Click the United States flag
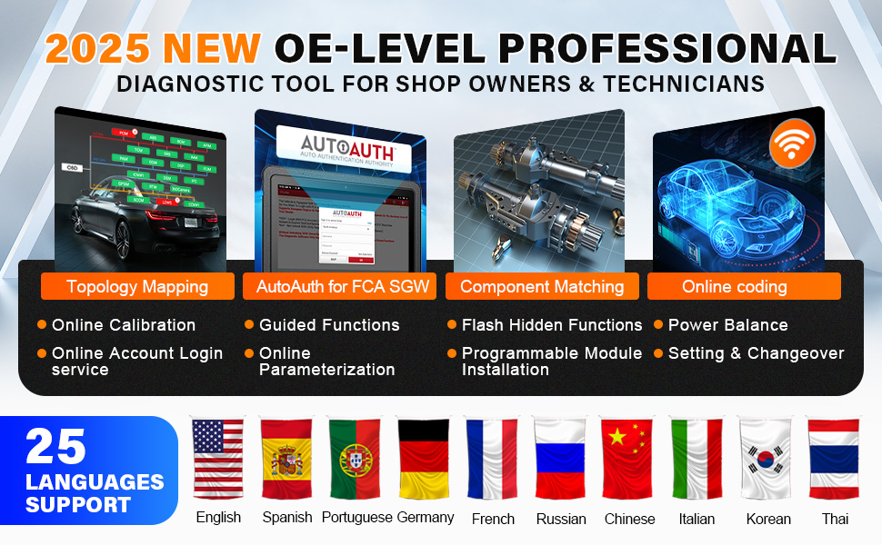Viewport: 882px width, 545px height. tap(218, 459)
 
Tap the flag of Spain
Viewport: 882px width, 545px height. tap(286, 459)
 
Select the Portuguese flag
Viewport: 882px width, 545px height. tap(355, 459)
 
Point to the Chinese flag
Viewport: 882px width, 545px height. tap(628, 459)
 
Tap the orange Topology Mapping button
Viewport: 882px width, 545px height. tap(137, 286)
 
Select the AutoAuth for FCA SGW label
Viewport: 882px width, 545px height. tap(340, 286)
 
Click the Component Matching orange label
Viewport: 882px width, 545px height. tap(542, 286)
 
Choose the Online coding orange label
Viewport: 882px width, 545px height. tap(735, 286)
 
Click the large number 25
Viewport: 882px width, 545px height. tap(56, 447)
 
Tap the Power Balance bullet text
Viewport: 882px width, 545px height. tap(727, 324)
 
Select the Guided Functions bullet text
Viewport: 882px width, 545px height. tap(329, 324)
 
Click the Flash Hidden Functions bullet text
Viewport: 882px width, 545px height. tap(552, 324)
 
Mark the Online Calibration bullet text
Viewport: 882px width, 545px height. tap(124, 324)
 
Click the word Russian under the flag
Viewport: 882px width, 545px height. tap(561, 519)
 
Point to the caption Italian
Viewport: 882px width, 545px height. tap(697, 519)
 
